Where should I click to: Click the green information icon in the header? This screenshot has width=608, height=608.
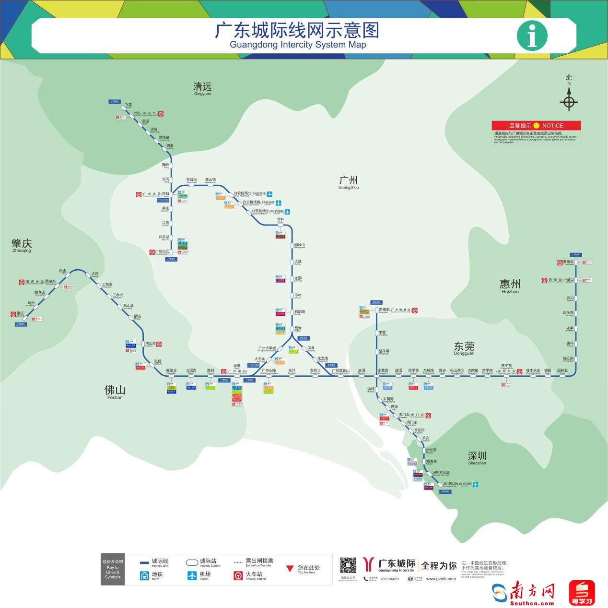point(532,35)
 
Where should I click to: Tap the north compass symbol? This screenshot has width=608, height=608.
point(569,102)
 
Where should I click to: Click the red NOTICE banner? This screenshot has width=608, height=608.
point(536,125)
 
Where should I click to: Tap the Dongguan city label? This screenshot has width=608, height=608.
point(464,347)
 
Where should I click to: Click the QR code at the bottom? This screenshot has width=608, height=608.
point(348,565)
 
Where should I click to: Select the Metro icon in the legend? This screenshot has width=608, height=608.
point(144,575)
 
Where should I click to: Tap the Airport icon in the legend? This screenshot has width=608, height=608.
point(192,575)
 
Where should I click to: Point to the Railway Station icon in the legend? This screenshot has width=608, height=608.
point(238,575)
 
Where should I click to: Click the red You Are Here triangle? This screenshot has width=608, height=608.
point(290,569)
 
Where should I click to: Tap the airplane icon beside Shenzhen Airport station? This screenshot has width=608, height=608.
point(475,484)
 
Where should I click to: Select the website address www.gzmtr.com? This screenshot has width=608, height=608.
point(441,579)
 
